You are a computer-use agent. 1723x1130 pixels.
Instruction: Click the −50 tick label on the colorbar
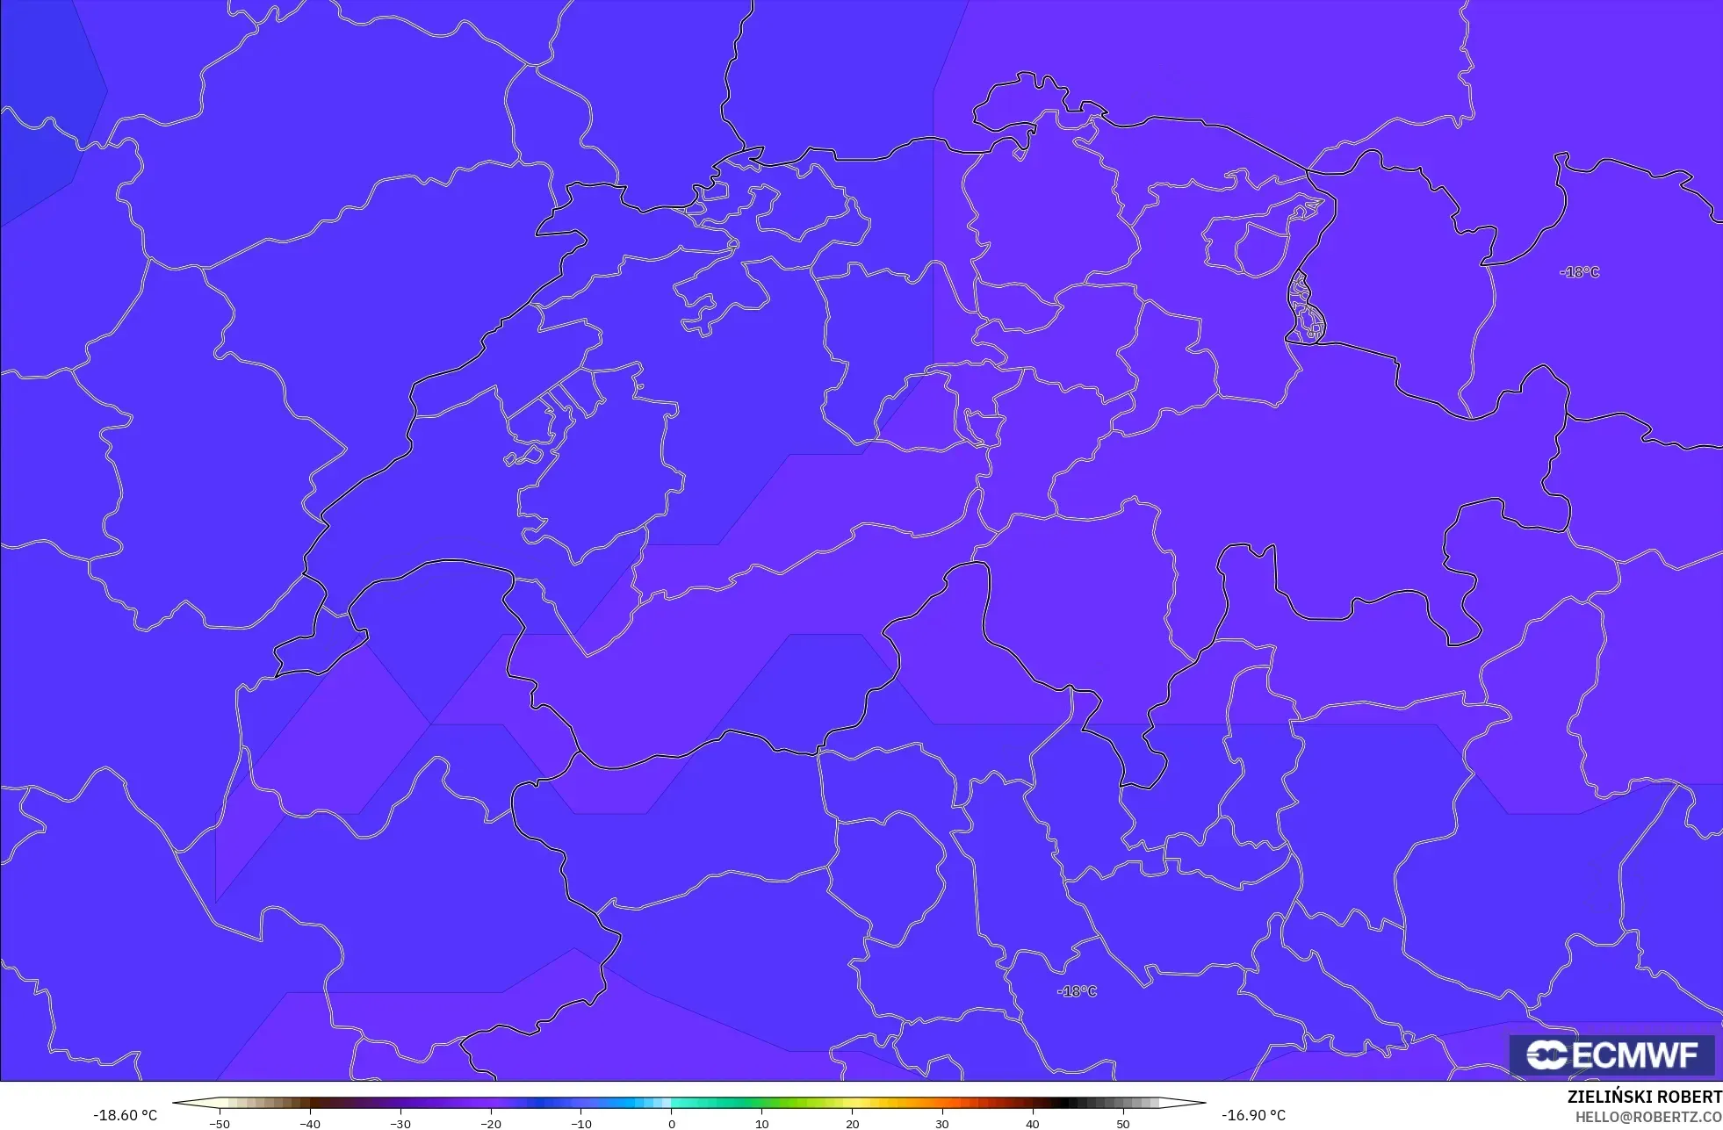220,1124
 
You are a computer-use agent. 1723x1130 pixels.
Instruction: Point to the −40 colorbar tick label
310,1124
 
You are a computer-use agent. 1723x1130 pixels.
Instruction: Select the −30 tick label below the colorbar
400,1124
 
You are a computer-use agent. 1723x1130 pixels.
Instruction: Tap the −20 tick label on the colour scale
491,1124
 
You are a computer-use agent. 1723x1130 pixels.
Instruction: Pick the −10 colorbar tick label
581,1124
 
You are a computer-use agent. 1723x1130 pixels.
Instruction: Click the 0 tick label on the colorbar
672,1124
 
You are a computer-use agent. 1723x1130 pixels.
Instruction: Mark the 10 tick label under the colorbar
762,1124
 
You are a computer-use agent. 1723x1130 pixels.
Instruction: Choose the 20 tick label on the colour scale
853,1124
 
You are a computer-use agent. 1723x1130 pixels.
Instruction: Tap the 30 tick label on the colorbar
942,1124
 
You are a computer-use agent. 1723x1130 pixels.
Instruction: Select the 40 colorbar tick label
1033,1124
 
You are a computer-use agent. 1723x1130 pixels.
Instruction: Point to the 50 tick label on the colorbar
1123,1124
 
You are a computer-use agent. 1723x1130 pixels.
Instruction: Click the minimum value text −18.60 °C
126,1115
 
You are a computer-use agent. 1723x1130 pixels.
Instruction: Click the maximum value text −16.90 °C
1253,1115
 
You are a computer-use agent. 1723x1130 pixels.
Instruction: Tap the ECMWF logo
1612,1055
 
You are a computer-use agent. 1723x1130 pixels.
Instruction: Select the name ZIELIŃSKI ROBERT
1644,1098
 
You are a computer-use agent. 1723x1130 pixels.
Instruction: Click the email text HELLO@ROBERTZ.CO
1647,1117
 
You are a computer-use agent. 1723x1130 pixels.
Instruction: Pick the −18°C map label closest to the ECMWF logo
1077,991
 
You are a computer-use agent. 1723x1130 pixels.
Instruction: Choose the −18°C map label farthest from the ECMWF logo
1579,272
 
